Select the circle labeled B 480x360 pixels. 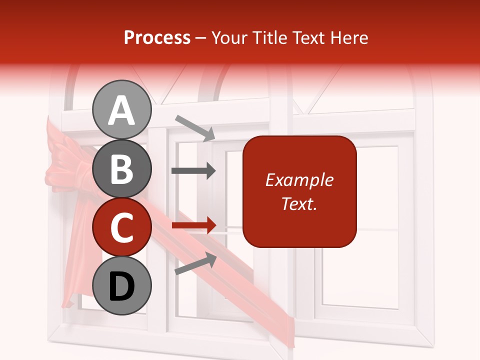(x=122, y=168)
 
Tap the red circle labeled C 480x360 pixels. (x=122, y=227)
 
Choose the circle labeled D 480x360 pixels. (x=122, y=285)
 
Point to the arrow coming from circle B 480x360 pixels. (x=193, y=171)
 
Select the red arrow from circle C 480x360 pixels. (x=193, y=225)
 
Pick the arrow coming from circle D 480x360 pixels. (x=195, y=263)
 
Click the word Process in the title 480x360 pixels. (x=157, y=38)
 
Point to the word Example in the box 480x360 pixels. (x=299, y=180)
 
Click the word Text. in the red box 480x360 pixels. (x=299, y=203)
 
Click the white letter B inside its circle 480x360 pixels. (x=122, y=169)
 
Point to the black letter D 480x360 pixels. (x=122, y=286)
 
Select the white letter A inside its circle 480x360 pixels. (x=122, y=110)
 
